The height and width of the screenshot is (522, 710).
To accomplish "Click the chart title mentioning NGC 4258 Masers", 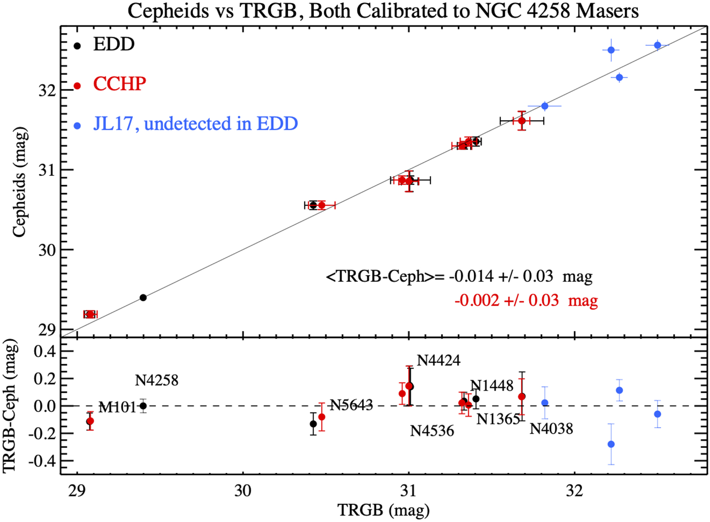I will pos(383,11).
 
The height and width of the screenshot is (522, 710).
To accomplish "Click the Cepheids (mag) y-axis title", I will pos(19,182).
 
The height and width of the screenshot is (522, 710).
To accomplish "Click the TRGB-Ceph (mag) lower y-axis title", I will pos(10,406).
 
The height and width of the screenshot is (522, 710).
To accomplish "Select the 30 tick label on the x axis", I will pos(243,491).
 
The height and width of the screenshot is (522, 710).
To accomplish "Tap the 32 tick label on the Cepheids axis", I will pos(47,91).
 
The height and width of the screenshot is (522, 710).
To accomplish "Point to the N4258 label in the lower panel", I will pos(157,381).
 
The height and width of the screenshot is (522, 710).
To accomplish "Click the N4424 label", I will pos(439,360).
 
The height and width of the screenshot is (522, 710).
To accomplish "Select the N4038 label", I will pos(551,429).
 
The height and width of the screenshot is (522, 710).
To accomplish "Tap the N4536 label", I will pos(432,431).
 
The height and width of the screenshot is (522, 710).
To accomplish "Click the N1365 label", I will pos(498,419).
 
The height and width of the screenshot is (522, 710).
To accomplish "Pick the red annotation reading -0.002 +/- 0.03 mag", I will pos(526,301).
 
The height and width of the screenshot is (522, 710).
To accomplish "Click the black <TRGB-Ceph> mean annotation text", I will pos(459,276).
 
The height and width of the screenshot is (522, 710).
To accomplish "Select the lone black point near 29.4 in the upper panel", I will pos(143,298).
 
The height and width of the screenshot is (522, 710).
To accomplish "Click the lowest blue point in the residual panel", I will pos(611,444).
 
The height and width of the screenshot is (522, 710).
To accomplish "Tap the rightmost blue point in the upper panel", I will pos(658,45).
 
